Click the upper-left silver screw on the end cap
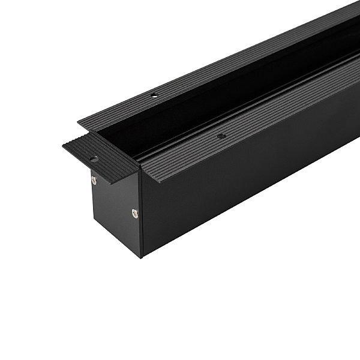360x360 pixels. [94, 179]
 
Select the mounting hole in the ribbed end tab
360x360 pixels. [94, 159]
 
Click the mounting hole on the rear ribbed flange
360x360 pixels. [154, 95]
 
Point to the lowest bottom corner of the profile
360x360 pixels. [142, 257]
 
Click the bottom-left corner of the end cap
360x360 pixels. [92, 228]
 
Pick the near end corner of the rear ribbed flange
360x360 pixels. [78, 124]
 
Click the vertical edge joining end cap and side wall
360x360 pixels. [141, 216]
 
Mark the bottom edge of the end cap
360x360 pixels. [117, 242]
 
